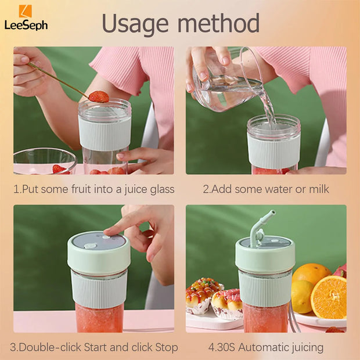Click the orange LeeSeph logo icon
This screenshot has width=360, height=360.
(x=26, y=11)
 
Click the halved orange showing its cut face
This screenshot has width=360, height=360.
(x=328, y=297)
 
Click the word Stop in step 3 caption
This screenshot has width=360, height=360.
(x=165, y=348)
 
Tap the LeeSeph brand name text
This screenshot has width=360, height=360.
(x=26, y=25)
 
